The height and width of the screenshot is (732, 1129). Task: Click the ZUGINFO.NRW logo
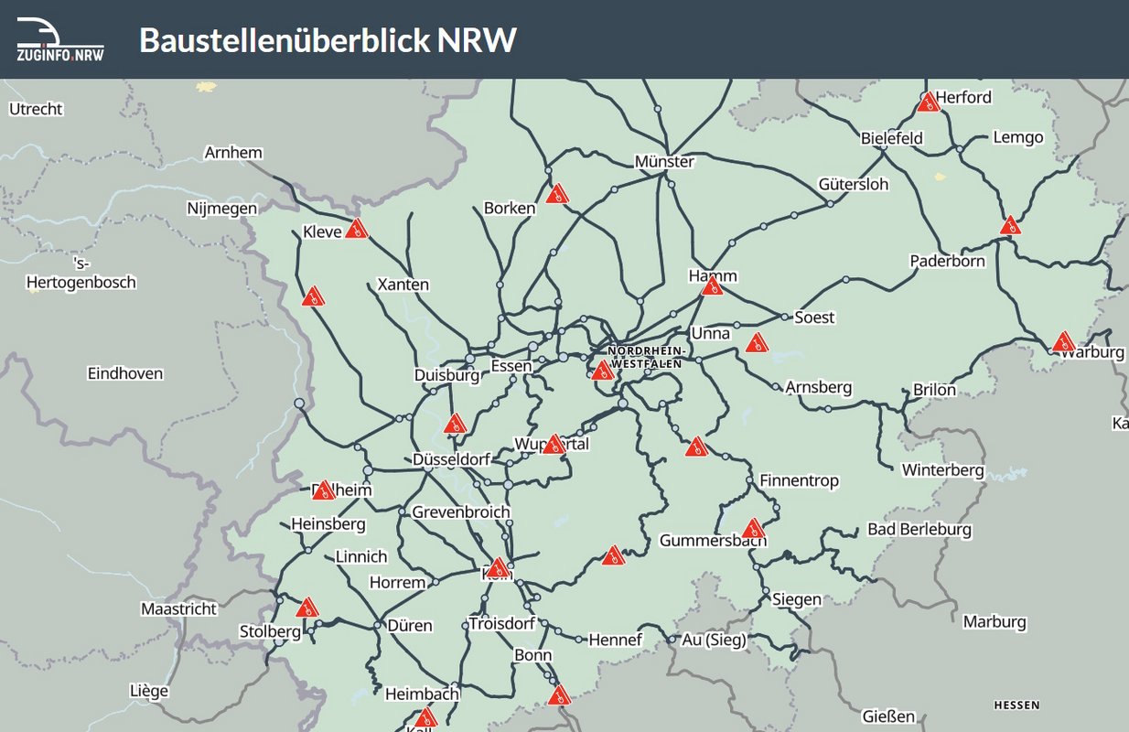tap(60, 39)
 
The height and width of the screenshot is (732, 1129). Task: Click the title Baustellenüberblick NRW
tap(328, 40)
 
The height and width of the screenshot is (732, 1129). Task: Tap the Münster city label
tap(664, 162)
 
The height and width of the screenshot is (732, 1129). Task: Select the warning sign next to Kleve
tap(357, 229)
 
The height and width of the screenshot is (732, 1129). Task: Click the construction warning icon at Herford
tap(928, 102)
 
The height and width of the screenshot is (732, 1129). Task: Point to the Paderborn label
tap(947, 261)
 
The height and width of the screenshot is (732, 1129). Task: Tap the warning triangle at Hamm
tap(712, 286)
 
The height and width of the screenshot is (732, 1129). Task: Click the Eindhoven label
tap(125, 373)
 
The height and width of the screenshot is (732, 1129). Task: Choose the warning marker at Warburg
tap(1062, 342)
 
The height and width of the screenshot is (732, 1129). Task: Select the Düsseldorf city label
tap(451, 459)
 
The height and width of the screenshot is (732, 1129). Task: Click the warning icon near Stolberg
tap(307, 608)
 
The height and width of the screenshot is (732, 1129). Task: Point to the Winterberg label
tap(942, 470)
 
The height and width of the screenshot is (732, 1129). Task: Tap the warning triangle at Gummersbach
tap(753, 528)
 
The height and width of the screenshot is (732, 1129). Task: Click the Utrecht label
tap(36, 109)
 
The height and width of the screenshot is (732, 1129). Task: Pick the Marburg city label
tap(995, 622)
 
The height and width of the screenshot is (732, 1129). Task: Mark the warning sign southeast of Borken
tap(557, 194)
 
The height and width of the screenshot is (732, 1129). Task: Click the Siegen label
tap(797, 599)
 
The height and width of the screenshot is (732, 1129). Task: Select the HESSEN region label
tap(1016, 705)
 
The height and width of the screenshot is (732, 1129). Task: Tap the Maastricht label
tap(178, 608)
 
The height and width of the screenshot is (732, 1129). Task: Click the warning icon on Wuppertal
tap(553, 445)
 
